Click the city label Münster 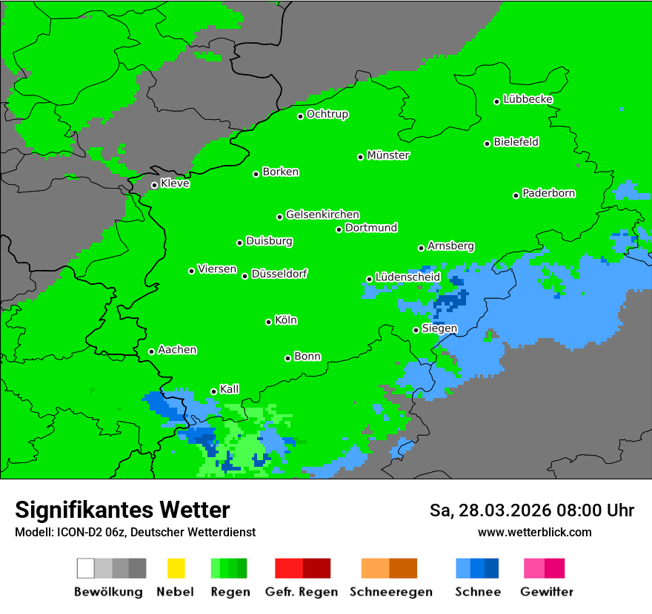[388, 155]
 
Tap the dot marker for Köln [269, 322]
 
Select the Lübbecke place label [528, 99]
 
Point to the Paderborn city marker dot [516, 195]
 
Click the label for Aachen [177, 350]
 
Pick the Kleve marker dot [155, 186]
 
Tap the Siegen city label [439, 328]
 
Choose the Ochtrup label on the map [327, 115]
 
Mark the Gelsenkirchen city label [322, 215]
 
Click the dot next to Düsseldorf [245, 276]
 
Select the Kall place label [230, 389]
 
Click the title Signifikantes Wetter [122, 510]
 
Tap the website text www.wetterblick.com [534, 532]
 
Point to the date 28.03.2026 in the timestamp [499, 510]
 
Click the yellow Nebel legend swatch [176, 568]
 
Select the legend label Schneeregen [389, 592]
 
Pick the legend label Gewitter [546, 592]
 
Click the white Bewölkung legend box [86, 568]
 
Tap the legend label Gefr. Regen [302, 592]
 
